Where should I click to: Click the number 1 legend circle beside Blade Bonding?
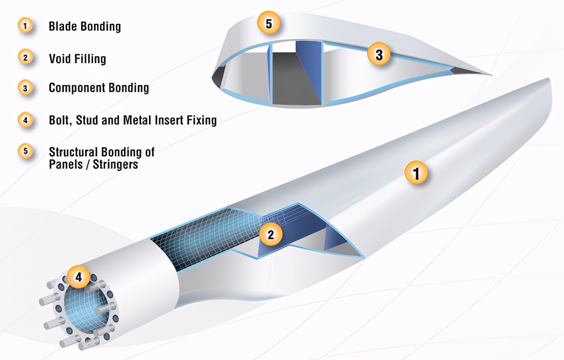point(25,26)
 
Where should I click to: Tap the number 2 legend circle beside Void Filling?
point(25,58)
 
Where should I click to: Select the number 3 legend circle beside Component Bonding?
point(25,87)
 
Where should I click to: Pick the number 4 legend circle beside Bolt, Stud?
point(25,120)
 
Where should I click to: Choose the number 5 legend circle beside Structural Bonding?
point(25,152)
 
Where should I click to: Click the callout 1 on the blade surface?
point(416,173)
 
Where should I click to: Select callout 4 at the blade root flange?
point(79,277)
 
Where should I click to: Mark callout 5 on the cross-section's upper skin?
point(269,23)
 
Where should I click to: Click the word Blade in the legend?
point(62,26)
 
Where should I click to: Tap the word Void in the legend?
point(59,58)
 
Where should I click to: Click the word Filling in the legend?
point(89,59)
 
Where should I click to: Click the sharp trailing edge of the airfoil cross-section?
point(491,74)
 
